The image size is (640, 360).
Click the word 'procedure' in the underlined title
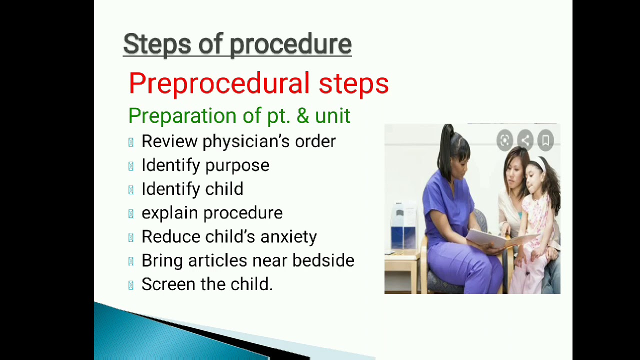(x=290, y=44)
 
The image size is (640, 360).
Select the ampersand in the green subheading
(x=302, y=116)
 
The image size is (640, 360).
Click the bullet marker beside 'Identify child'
(x=131, y=190)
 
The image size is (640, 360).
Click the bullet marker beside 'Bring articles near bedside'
(x=131, y=261)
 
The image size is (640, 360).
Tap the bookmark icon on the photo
(x=545, y=140)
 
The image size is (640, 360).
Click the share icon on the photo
(x=525, y=140)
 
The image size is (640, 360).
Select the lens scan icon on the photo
(x=504, y=140)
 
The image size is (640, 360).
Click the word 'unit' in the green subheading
(x=332, y=116)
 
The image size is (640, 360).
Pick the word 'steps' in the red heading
(x=353, y=83)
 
